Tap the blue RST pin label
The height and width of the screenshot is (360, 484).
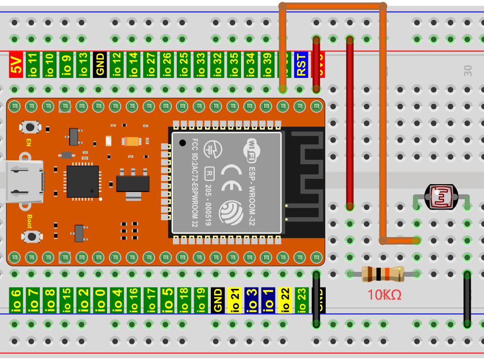click(301, 65)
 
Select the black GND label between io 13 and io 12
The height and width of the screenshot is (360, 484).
click(100, 65)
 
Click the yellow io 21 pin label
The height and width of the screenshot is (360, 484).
click(234, 300)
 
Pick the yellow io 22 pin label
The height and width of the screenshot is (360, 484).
click(285, 300)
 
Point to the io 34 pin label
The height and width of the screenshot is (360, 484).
click(251, 65)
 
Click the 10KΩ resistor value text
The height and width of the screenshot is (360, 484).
click(384, 295)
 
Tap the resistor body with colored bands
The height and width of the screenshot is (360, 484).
click(383, 274)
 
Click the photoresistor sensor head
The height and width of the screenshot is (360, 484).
click(441, 197)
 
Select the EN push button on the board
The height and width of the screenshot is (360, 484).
click(30, 127)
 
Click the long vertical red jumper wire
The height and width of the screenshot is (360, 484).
click(350, 122)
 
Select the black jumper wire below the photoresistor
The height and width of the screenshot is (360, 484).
click(467, 300)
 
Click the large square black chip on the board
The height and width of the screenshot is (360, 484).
click(83, 181)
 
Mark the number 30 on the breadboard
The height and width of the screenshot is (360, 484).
click(468, 71)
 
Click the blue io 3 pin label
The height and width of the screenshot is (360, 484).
click(251, 300)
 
